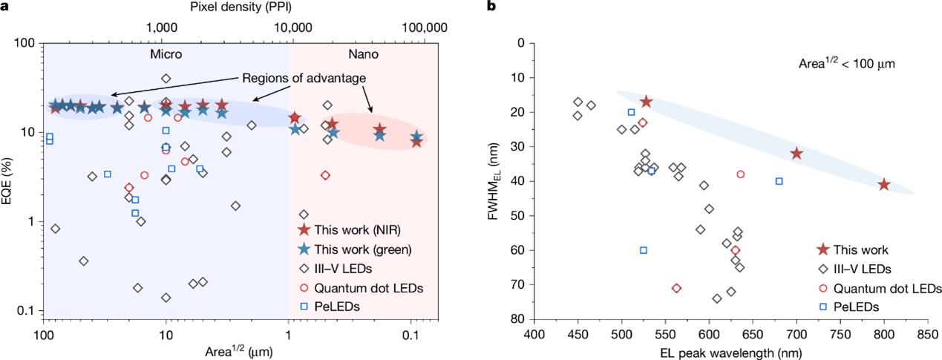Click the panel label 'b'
tap(489, 7)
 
